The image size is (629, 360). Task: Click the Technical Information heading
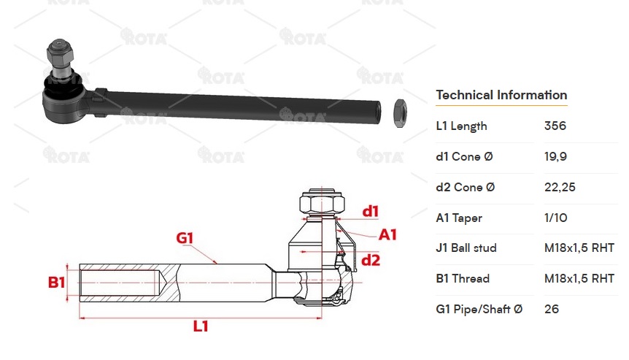point(501,95)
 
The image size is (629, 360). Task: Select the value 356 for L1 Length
point(555,126)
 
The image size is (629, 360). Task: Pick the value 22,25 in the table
point(560,188)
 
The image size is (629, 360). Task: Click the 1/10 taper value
point(555,218)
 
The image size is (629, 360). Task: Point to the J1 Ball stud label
point(466,248)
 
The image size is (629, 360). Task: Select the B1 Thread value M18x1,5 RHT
point(579,279)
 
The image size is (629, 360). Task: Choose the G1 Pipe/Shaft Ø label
point(479,310)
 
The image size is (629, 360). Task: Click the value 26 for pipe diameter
point(551,310)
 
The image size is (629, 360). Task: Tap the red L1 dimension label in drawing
point(201,326)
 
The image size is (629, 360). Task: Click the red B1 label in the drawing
point(57,282)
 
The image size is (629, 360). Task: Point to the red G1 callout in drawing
point(185,238)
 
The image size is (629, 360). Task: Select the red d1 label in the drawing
point(371,212)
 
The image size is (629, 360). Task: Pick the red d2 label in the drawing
point(371,260)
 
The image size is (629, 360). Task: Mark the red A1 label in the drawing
point(387,234)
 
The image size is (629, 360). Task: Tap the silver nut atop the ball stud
point(58,53)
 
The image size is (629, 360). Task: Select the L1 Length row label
point(461,126)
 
